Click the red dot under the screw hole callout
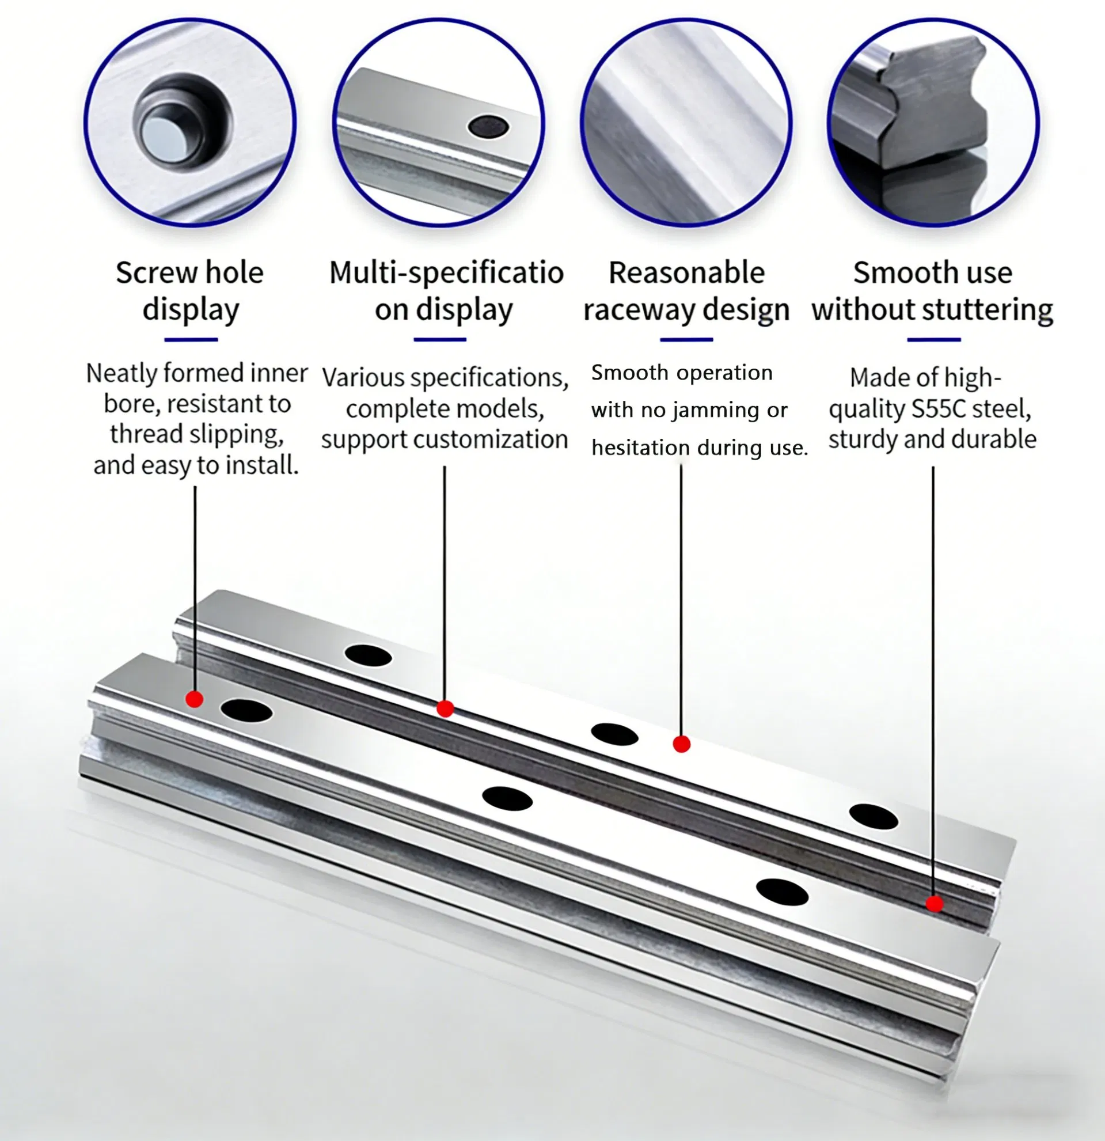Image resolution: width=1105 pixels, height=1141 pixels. coord(195,699)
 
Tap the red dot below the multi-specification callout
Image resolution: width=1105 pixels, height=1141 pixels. coord(445,708)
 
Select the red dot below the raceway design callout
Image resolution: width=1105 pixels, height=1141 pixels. coord(681,744)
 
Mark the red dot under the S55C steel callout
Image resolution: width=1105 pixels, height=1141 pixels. coord(935,904)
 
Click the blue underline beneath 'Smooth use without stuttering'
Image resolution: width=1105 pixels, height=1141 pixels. coord(934,339)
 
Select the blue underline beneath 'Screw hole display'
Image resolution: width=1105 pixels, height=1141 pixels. coord(191,339)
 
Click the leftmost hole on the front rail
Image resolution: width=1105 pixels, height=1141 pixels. coord(246,711)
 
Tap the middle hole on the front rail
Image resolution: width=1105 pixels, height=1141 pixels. coord(507,799)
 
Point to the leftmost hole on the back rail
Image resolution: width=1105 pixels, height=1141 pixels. coord(368,655)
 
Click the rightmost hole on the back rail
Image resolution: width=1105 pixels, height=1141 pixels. coord(874,817)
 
